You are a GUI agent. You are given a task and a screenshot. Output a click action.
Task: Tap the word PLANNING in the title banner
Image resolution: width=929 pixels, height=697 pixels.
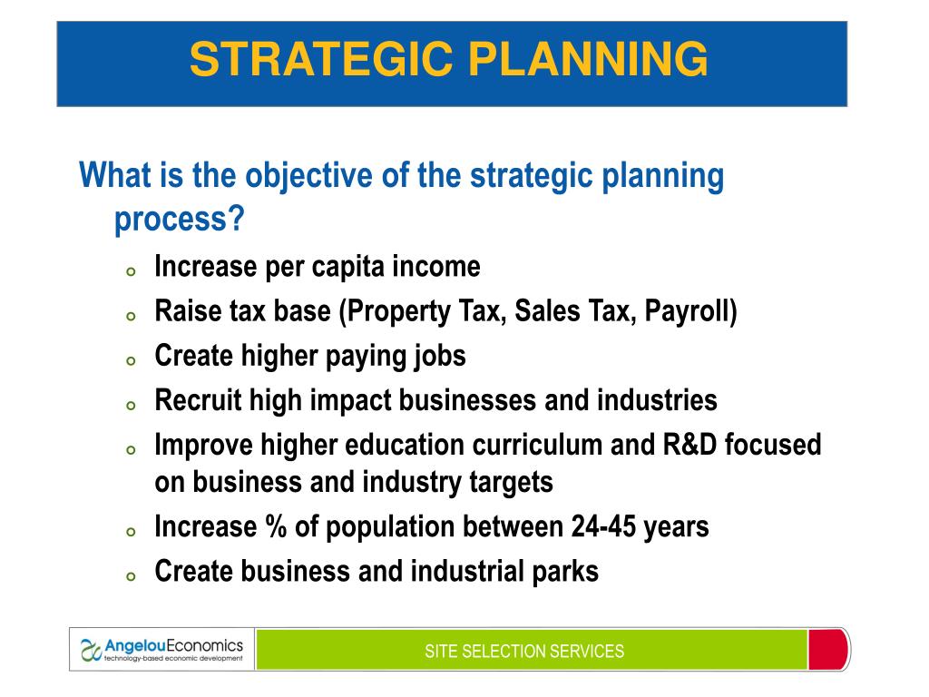tap(588, 59)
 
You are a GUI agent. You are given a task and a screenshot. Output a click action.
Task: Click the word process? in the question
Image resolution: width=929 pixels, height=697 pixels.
tap(180, 221)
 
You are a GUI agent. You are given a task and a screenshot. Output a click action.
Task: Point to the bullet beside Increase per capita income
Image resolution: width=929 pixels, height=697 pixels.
tap(131, 271)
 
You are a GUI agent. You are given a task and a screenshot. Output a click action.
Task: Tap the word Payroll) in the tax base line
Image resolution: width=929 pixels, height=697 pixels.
tap(690, 312)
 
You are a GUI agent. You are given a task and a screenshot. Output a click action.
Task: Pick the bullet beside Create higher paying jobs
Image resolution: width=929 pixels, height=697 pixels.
tap(131, 360)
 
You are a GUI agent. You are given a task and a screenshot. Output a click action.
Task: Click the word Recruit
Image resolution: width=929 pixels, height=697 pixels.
tap(198, 400)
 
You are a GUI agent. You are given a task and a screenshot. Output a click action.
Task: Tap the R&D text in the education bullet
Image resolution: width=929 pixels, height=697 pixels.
tap(689, 445)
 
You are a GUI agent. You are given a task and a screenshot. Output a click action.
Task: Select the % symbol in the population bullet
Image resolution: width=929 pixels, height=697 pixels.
tap(276, 526)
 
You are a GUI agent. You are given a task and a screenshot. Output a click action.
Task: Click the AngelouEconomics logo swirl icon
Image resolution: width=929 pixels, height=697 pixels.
tap(92, 650)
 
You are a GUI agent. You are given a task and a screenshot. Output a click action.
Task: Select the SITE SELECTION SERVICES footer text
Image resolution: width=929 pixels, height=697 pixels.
tap(524, 652)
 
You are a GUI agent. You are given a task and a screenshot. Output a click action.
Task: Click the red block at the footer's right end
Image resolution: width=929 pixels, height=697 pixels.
tap(828, 650)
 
